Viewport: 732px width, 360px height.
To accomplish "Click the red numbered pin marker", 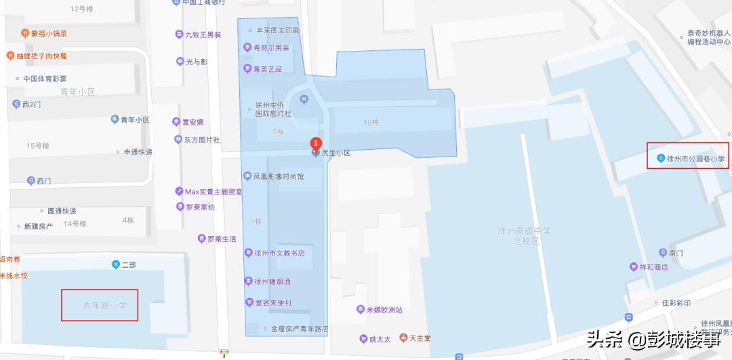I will click(315, 143).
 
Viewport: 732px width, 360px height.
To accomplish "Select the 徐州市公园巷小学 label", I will click(695, 160).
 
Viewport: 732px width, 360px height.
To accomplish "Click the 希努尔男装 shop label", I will click(271, 48).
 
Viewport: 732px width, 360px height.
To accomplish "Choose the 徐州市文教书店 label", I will click(279, 253).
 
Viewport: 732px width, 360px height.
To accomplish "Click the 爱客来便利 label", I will click(272, 302).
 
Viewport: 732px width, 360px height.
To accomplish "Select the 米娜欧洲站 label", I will click(384, 310).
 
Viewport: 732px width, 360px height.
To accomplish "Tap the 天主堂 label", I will click(420, 338).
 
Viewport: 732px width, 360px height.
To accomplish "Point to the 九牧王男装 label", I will click(203, 35).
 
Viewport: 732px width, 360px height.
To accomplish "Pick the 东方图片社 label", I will click(201, 140).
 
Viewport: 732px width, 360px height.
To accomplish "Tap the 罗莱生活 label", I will click(222, 239).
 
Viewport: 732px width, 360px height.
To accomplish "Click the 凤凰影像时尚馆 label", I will click(278, 176).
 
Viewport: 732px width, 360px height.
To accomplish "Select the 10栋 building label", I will click(371, 123).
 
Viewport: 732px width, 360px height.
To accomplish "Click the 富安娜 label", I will click(192, 123).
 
